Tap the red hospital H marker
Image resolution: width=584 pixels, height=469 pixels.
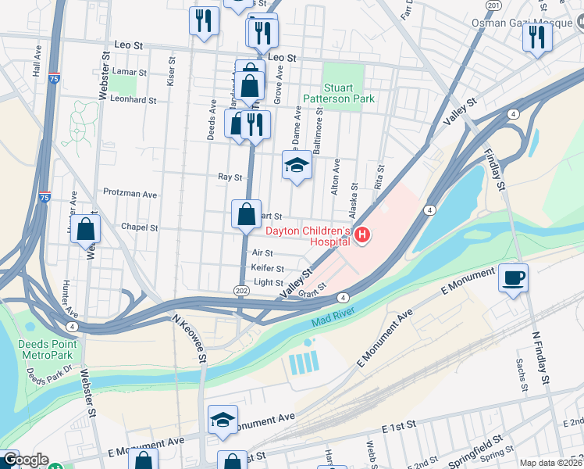click(x=361, y=234)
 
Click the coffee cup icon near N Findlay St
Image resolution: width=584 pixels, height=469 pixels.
click(x=513, y=277)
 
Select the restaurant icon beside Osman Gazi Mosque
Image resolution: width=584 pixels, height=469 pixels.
click(x=536, y=36)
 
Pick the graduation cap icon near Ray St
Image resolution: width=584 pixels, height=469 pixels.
click(x=296, y=165)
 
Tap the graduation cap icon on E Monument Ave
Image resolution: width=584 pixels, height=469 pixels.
click(x=223, y=420)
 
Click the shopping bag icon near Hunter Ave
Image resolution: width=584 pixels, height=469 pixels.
click(x=87, y=229)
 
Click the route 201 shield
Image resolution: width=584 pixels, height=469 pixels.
click(x=493, y=5)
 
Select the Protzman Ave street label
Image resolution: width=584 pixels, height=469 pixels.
click(x=130, y=193)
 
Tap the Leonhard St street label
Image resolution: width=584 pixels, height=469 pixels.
click(x=133, y=100)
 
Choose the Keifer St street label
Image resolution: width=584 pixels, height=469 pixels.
click(x=268, y=268)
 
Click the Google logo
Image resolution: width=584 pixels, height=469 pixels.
click(x=25, y=460)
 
